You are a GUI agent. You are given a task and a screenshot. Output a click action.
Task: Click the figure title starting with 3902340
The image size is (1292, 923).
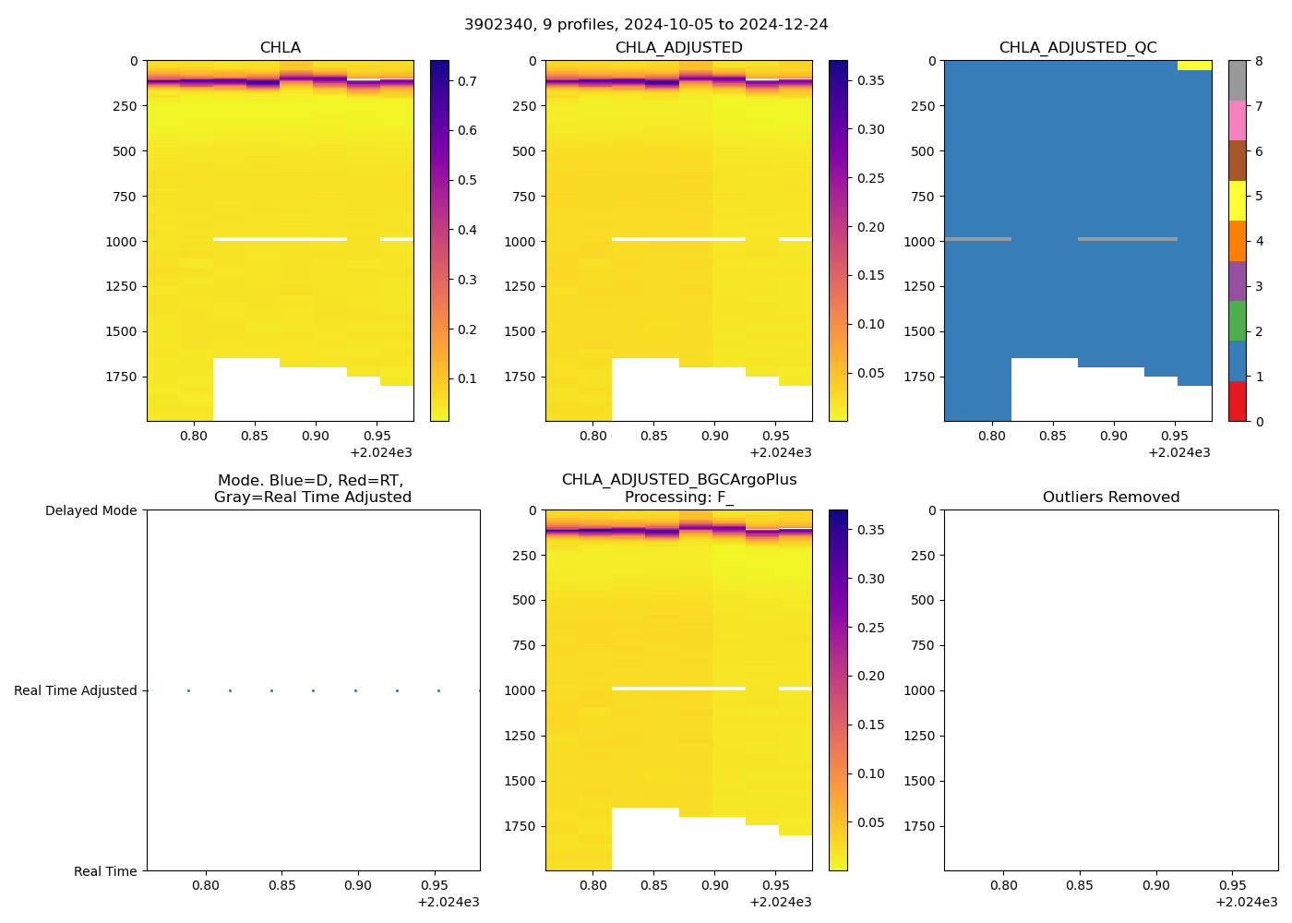click(646, 25)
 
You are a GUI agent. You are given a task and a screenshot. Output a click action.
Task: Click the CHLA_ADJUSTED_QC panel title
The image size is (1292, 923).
click(1078, 48)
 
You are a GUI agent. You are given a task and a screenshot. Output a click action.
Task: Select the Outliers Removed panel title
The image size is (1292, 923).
click(1111, 497)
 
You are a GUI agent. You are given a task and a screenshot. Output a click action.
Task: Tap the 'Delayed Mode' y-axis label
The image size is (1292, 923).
click(90, 510)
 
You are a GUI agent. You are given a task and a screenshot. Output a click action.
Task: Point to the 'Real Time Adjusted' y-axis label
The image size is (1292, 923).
click(75, 690)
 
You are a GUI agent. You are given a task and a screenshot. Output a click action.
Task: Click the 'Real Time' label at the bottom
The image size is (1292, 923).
click(105, 871)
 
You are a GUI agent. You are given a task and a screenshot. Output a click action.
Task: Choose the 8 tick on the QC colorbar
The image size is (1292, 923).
click(1259, 61)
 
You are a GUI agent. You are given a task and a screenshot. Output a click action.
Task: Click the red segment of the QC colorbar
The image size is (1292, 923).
click(1237, 402)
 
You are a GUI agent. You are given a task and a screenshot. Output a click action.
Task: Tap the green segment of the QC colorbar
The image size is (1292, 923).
click(1237, 320)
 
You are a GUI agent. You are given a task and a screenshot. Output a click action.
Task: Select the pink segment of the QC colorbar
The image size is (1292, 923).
click(1237, 120)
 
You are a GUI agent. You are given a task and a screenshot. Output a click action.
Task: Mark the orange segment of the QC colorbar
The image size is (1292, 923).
click(1237, 240)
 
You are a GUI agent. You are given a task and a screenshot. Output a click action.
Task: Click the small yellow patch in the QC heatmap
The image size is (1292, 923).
click(1194, 66)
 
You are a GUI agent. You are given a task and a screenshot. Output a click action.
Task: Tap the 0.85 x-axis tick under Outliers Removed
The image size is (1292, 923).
click(1080, 885)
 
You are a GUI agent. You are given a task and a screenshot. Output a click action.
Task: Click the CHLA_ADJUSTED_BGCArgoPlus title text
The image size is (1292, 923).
click(679, 480)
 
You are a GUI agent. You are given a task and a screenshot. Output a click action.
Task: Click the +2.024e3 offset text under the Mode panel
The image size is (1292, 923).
click(448, 902)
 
